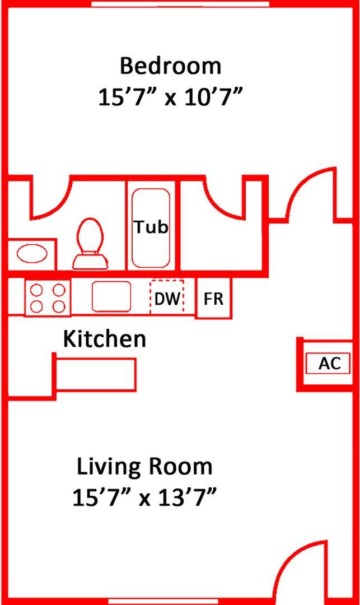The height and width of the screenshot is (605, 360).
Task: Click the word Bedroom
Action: pos(170,66)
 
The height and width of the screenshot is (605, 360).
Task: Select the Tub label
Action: pos(151,227)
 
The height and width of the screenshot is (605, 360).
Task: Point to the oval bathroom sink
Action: pos(31,254)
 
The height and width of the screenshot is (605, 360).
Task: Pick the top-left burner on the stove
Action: pos(37,290)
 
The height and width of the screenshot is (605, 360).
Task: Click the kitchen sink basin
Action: pos(111,296)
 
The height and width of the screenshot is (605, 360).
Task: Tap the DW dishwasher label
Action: pos(167,299)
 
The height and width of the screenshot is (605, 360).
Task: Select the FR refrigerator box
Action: pos(213,299)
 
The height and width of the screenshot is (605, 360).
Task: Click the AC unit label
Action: pos(329,363)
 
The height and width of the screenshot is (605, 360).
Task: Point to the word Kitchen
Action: pos(104,339)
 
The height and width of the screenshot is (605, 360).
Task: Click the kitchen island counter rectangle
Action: pos(95,374)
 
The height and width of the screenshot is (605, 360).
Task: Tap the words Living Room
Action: pos(144,466)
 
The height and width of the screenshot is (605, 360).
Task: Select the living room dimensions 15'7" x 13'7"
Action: pos(144,497)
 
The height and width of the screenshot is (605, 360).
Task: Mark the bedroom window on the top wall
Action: pos(180,4)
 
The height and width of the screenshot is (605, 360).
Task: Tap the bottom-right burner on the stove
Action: pos(58,306)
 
